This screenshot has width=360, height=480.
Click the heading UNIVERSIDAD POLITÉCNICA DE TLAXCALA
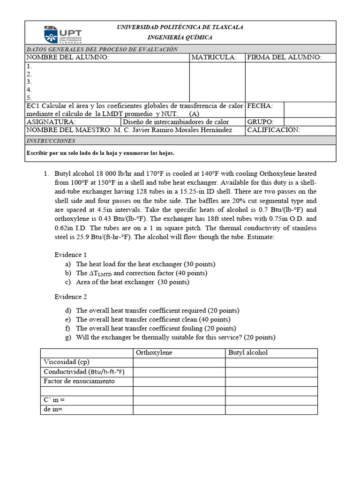[x=180, y=27]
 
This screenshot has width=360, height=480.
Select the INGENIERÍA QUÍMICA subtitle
[x=180, y=37]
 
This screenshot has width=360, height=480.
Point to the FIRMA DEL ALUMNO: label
[x=284, y=57]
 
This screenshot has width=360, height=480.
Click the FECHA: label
[x=260, y=106]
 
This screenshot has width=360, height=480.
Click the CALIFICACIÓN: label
[x=274, y=130]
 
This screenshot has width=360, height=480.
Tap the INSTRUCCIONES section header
[x=51, y=141]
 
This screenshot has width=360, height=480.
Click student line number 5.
[x=29, y=97]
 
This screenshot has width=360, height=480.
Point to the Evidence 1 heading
[x=70, y=255]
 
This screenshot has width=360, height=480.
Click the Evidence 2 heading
[x=70, y=297]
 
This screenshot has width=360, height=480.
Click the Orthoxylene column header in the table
[x=154, y=352]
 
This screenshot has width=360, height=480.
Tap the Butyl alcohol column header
[x=248, y=352]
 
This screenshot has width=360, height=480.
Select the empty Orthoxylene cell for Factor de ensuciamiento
[x=179, y=381]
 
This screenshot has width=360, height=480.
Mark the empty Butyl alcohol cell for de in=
[x=271, y=410]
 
